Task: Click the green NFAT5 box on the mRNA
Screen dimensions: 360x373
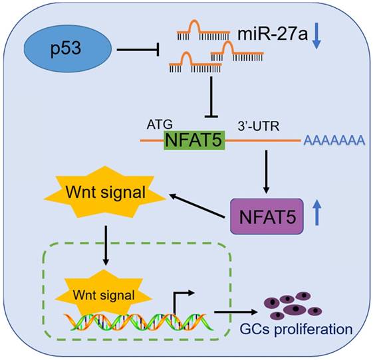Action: pos(193,141)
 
